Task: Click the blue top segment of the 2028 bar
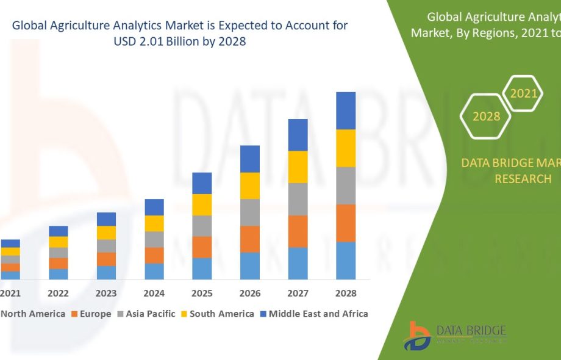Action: (346, 110)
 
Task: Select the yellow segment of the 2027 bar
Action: (298, 167)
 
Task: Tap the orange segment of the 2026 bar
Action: (250, 239)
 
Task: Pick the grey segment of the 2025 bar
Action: (202, 226)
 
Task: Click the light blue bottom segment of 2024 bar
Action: (154, 272)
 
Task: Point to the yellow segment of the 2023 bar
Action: (106, 232)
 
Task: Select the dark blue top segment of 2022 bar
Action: (59, 231)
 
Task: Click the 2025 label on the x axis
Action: (202, 293)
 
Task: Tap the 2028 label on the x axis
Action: (346, 293)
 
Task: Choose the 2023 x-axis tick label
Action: (106, 293)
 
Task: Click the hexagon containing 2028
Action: (486, 116)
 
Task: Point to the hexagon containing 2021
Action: (523, 93)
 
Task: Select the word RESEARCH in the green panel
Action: (523, 179)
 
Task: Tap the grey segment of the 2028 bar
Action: (346, 185)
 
